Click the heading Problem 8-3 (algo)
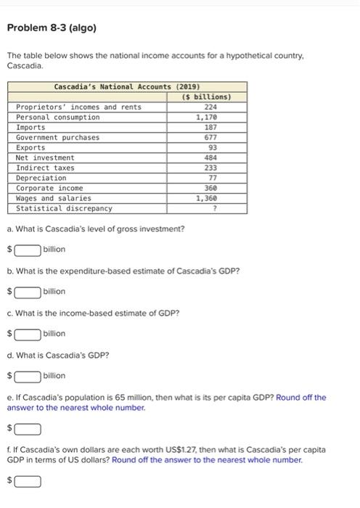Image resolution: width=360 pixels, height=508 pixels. [x=51, y=28]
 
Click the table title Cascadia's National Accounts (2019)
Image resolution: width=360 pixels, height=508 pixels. [x=127, y=86]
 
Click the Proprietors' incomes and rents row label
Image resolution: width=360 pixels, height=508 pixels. [x=78, y=107]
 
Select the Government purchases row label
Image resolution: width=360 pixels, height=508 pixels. [x=58, y=137]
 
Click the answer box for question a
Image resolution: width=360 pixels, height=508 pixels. [x=28, y=250]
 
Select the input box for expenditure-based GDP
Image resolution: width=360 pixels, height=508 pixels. [x=28, y=292]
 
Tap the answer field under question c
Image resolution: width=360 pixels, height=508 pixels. [x=28, y=334]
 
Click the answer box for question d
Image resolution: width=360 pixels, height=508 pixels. [x=28, y=376]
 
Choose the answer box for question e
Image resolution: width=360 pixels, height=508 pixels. [x=28, y=428]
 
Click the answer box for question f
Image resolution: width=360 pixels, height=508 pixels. [x=28, y=480]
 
